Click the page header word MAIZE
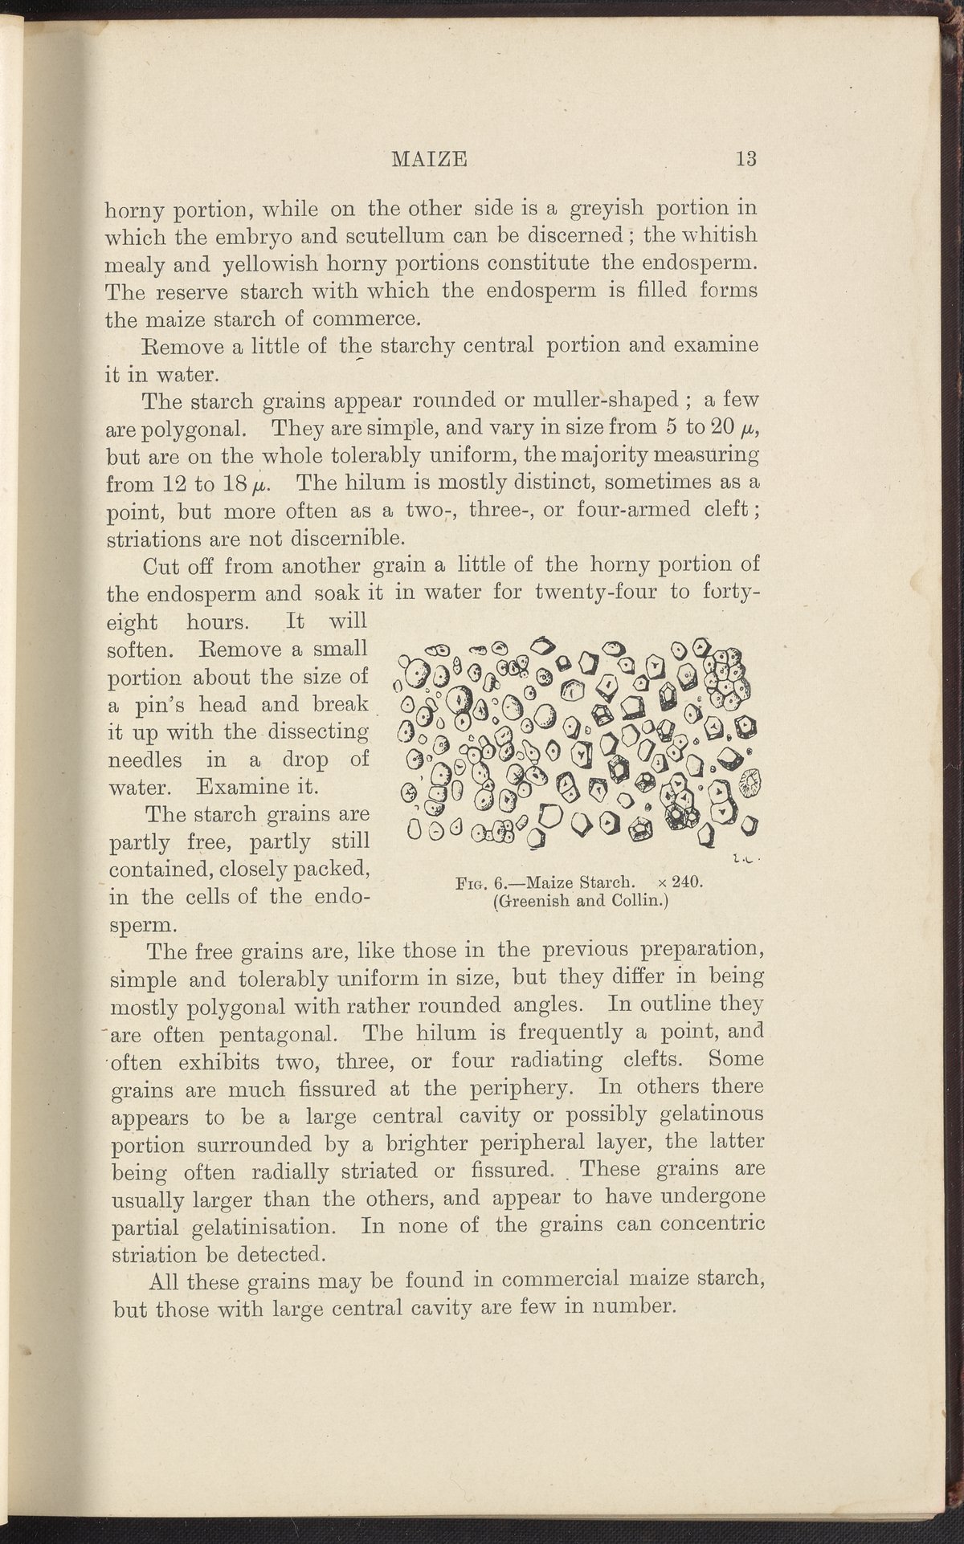point(429,159)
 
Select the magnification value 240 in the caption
point(688,882)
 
